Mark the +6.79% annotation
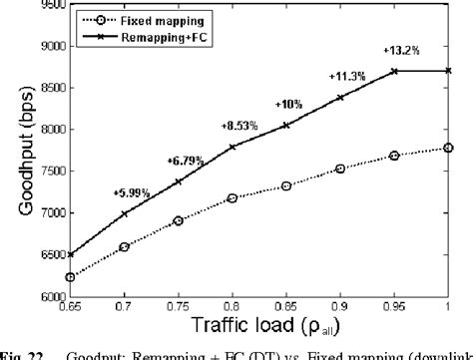pos(186,160)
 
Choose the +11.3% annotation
pos(346,75)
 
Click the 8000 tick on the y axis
pos(42,130)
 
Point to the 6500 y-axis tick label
pos(42,255)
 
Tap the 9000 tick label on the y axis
pos(42,46)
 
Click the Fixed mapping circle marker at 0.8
pos(232,198)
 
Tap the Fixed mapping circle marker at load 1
pos(448,148)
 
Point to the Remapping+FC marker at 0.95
pos(394,71)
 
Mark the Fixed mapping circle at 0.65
pos(69,277)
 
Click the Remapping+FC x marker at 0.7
pos(124,214)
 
